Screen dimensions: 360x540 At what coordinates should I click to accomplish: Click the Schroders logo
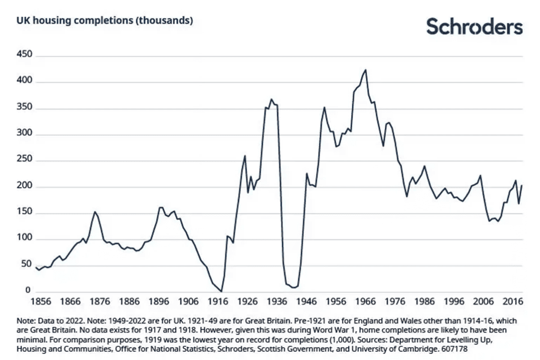(x=474, y=27)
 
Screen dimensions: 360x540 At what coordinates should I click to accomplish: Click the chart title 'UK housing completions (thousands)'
(x=105, y=21)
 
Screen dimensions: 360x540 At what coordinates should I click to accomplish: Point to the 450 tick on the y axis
(x=25, y=55)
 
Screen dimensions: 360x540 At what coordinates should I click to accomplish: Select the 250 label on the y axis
(x=25, y=161)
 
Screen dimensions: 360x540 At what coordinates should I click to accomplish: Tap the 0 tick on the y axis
(x=28, y=292)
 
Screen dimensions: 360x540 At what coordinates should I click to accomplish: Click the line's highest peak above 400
(x=365, y=70)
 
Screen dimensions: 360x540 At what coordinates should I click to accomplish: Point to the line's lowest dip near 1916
(x=221, y=292)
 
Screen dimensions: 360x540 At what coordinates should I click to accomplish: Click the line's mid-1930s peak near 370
(x=271, y=99)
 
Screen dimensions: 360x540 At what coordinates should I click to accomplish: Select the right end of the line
(x=522, y=185)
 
